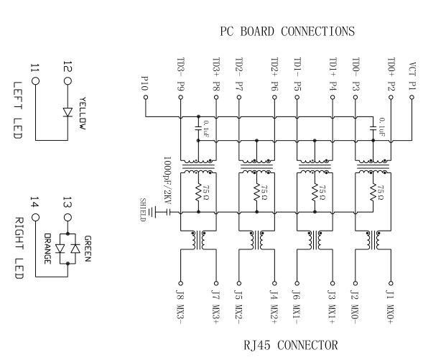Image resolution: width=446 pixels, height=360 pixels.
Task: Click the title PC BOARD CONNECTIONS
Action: (x=287, y=32)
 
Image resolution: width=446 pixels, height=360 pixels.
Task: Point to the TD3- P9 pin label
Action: (x=180, y=73)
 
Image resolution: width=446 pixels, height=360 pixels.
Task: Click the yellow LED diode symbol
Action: (x=68, y=113)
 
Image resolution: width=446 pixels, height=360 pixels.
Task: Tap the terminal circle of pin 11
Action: (x=35, y=81)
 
